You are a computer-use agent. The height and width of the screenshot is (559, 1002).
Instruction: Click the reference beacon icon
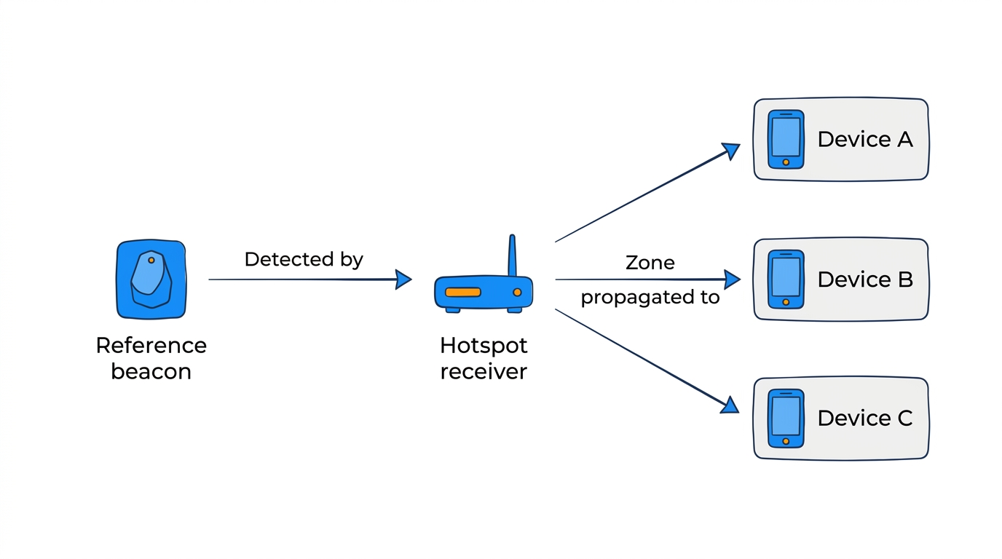[x=151, y=279]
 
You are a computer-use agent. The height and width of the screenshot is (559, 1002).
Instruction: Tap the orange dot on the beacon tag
[x=151, y=260]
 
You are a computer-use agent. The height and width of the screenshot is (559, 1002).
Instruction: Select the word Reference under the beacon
[x=151, y=345]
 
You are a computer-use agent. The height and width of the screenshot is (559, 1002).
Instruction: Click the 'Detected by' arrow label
[x=303, y=259]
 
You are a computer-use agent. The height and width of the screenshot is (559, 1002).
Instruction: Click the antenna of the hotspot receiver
[x=512, y=255]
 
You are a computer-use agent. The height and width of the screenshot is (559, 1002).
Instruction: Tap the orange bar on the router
[x=463, y=292]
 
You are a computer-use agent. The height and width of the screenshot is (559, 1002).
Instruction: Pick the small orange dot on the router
[x=517, y=292]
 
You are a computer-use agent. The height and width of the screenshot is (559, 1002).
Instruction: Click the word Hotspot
[x=484, y=345]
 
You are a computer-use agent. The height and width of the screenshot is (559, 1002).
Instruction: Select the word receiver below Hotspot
[x=484, y=372]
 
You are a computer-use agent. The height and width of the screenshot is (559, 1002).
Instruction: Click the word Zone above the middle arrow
[x=650, y=263]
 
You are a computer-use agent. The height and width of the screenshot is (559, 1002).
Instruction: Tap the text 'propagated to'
[x=650, y=298]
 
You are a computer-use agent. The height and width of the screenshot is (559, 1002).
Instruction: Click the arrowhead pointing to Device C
[x=730, y=405]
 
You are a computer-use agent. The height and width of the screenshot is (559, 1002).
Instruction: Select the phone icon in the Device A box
[x=786, y=139]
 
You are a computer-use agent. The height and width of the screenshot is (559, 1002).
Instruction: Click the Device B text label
[x=864, y=279]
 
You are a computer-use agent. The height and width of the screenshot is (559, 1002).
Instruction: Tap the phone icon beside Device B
[x=786, y=279]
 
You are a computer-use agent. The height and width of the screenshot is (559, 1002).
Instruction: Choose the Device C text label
[x=864, y=419]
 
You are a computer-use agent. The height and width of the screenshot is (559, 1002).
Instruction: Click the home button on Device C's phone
[x=786, y=441]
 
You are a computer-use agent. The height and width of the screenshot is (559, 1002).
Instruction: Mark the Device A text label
[x=864, y=139]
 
